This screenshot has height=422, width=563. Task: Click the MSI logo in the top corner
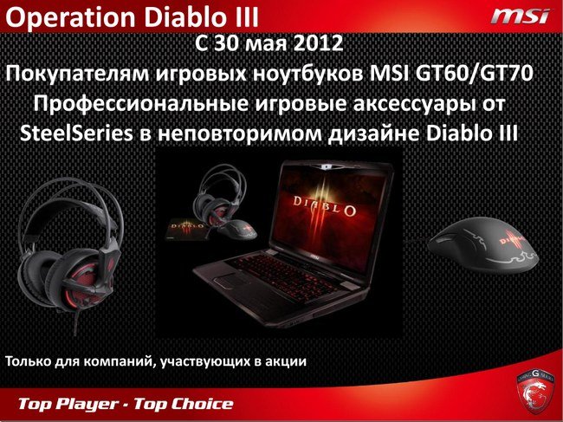pyautogui.click(x=521, y=16)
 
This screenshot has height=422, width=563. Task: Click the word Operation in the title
pyautogui.click(x=71, y=18)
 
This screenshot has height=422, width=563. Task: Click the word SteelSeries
pyautogui.click(x=76, y=134)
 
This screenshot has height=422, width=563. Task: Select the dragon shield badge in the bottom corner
pyautogui.click(x=534, y=391)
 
